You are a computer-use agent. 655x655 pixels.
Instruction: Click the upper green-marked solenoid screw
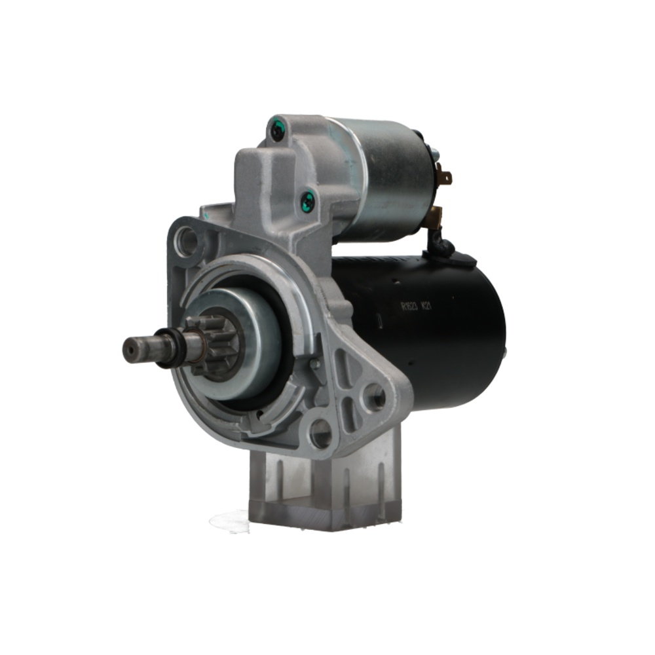tap(276, 131)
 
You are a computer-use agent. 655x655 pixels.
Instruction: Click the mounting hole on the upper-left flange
tap(187, 241)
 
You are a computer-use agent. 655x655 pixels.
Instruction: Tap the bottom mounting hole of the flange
tap(320, 433)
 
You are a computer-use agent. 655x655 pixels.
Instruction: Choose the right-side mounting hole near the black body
tap(375, 396)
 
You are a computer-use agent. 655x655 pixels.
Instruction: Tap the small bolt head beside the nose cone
tap(315, 362)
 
